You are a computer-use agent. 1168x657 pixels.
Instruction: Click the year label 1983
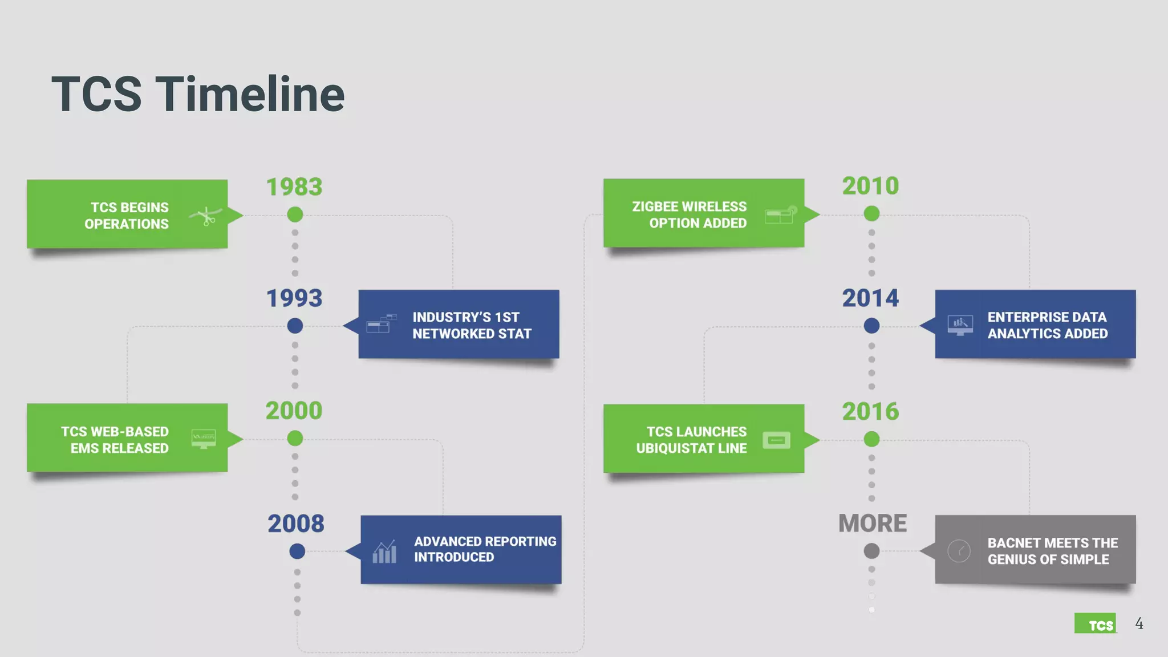point(294,187)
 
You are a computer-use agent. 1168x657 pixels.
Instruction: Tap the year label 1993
point(294,298)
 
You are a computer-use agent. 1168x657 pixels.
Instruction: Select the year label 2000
point(294,411)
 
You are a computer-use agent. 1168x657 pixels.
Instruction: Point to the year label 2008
point(296,524)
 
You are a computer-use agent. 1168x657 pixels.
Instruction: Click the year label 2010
point(870,186)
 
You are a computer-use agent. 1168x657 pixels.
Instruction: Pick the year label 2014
point(870,298)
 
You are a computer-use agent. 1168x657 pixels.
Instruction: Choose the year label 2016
point(870,411)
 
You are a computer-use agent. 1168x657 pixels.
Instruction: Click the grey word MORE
point(873,523)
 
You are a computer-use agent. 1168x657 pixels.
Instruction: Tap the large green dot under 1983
point(295,214)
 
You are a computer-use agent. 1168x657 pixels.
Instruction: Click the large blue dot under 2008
point(297,551)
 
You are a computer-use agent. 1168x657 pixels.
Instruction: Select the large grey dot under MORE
point(871,551)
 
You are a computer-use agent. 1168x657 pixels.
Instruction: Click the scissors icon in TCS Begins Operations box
point(206,216)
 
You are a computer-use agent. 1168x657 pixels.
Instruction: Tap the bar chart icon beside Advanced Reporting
point(384,551)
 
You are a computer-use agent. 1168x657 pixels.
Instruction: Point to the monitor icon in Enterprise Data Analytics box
point(960,325)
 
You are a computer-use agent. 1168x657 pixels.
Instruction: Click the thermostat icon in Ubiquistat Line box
point(776,440)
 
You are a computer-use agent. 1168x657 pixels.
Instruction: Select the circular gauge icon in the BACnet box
point(959,551)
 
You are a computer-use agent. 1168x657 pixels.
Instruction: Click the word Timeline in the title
point(250,94)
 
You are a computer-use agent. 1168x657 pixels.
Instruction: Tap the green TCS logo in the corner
point(1095,623)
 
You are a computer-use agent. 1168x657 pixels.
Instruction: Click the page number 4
point(1139,623)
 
